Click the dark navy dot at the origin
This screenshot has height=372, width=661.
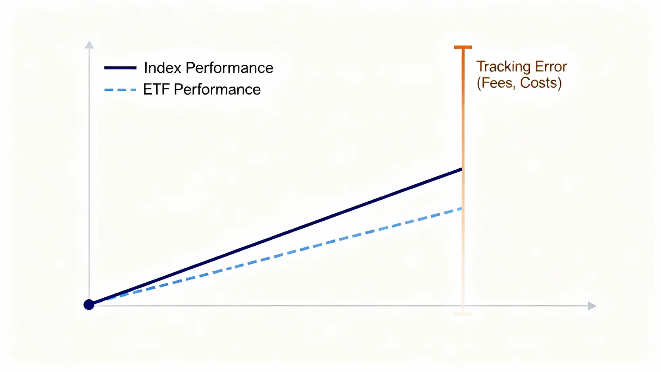point(89,305)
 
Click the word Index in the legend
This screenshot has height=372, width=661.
point(163,68)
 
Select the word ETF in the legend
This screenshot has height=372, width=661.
point(156,89)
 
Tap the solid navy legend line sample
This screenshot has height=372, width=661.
point(120,68)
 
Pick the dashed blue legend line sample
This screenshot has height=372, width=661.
point(120,90)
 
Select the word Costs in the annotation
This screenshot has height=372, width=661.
point(541,83)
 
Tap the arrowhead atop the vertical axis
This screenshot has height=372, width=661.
point(89,44)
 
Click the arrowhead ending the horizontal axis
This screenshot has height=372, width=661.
point(592,306)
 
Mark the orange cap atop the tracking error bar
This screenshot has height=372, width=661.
point(463,47)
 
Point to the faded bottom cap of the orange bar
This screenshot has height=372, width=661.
point(463,314)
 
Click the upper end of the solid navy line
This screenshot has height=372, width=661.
point(461,170)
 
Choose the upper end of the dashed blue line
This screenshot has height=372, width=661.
point(461,209)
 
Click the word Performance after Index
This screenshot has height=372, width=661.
point(229,68)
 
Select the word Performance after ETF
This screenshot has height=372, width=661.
point(217,89)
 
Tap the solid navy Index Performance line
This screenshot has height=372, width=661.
point(276,237)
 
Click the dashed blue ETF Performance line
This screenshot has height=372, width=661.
point(276,256)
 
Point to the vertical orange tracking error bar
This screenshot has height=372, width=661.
point(463,180)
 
